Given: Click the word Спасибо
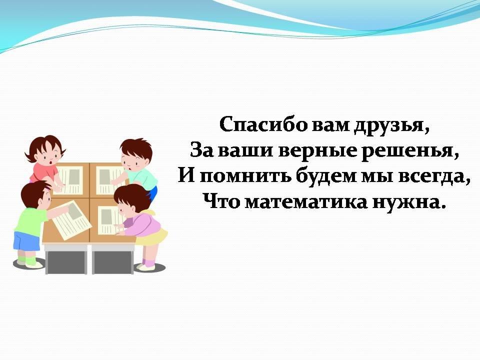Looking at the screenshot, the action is point(262,124).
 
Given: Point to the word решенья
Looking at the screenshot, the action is point(407,151).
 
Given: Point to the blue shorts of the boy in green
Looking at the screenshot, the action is point(26,241).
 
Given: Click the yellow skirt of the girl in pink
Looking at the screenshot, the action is point(153,235).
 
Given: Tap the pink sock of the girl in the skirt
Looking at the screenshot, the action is point(149,262).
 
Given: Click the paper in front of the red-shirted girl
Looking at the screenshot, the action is point(70,180).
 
